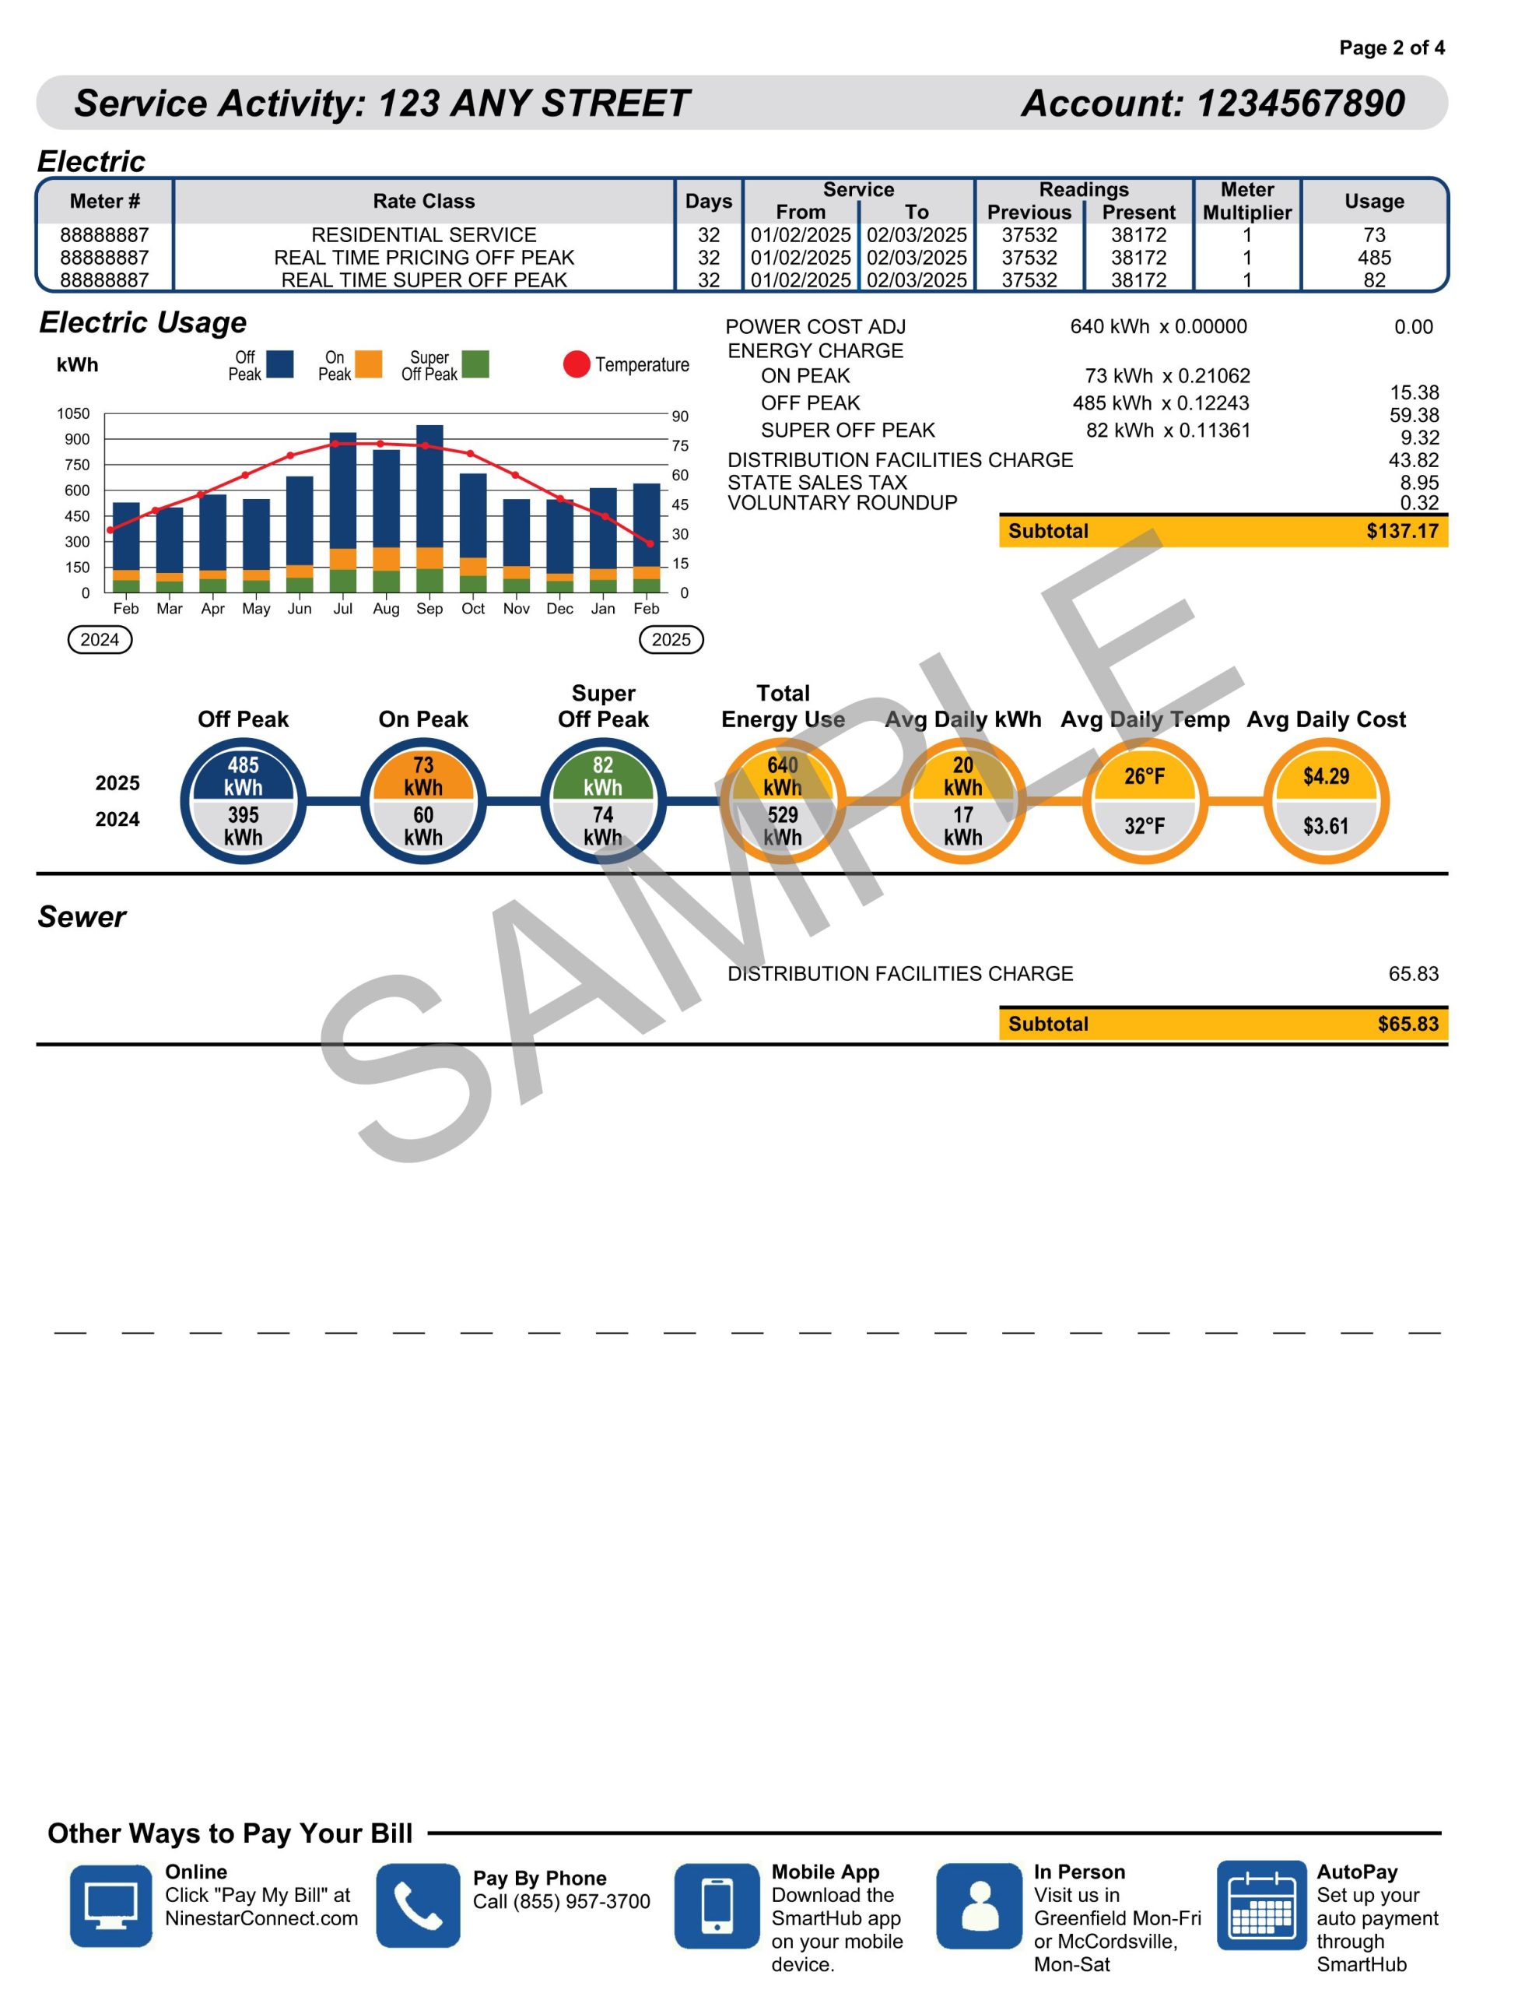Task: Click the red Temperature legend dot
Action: (x=577, y=364)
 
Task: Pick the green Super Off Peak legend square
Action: (x=475, y=364)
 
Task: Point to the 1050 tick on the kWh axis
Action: (x=74, y=413)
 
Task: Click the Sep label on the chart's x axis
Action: (x=429, y=609)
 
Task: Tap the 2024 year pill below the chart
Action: (x=100, y=640)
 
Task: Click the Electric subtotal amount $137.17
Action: (x=1401, y=531)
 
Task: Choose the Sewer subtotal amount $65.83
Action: (x=1408, y=1024)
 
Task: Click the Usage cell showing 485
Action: (x=1374, y=258)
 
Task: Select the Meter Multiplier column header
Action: (x=1247, y=201)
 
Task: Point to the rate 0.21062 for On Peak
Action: (x=1215, y=376)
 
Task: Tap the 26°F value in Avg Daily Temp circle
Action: (x=1144, y=777)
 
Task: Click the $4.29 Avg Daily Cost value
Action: (x=1326, y=777)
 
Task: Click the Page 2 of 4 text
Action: (x=1391, y=47)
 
